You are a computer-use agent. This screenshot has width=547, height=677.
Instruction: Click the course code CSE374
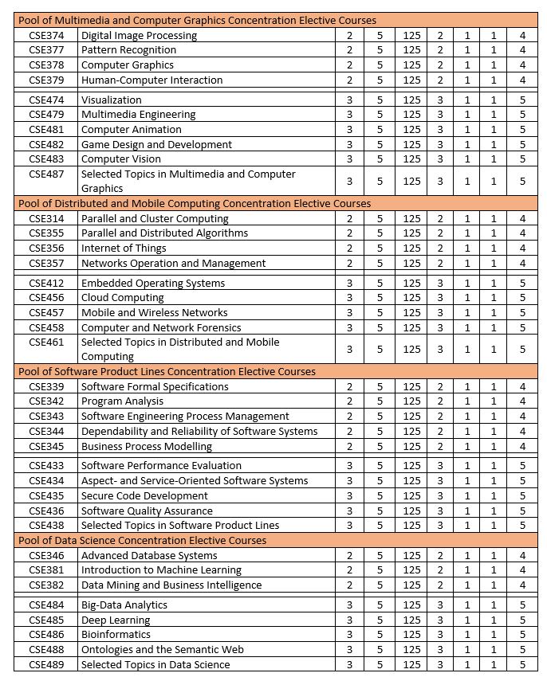point(46,36)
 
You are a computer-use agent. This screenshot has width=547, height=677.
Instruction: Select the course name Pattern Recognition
point(128,50)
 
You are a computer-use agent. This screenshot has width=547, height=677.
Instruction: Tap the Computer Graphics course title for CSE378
point(128,65)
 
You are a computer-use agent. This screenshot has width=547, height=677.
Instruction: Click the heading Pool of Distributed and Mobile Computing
point(195,203)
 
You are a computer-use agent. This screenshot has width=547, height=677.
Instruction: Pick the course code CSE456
point(46,298)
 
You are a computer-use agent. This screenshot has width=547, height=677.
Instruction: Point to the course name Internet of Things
point(124,248)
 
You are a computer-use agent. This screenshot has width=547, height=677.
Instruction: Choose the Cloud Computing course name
point(123,298)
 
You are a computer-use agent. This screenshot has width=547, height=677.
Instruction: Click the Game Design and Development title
point(156,145)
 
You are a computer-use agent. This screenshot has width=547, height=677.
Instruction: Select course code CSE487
point(46,174)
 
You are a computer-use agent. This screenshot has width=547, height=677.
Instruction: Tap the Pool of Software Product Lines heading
point(167,371)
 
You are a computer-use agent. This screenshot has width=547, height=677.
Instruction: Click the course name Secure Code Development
point(145,496)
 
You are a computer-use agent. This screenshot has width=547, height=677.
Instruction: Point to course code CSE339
point(46,387)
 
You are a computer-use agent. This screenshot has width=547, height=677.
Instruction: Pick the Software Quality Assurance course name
point(147,511)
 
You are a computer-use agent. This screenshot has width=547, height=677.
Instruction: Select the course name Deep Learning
point(116,620)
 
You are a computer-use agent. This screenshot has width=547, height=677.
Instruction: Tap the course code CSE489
point(46,665)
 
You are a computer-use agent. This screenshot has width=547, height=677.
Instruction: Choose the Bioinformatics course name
point(116,635)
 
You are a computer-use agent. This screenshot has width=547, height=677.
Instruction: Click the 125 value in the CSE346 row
point(411,555)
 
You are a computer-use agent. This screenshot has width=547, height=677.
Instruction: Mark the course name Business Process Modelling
point(147,447)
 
